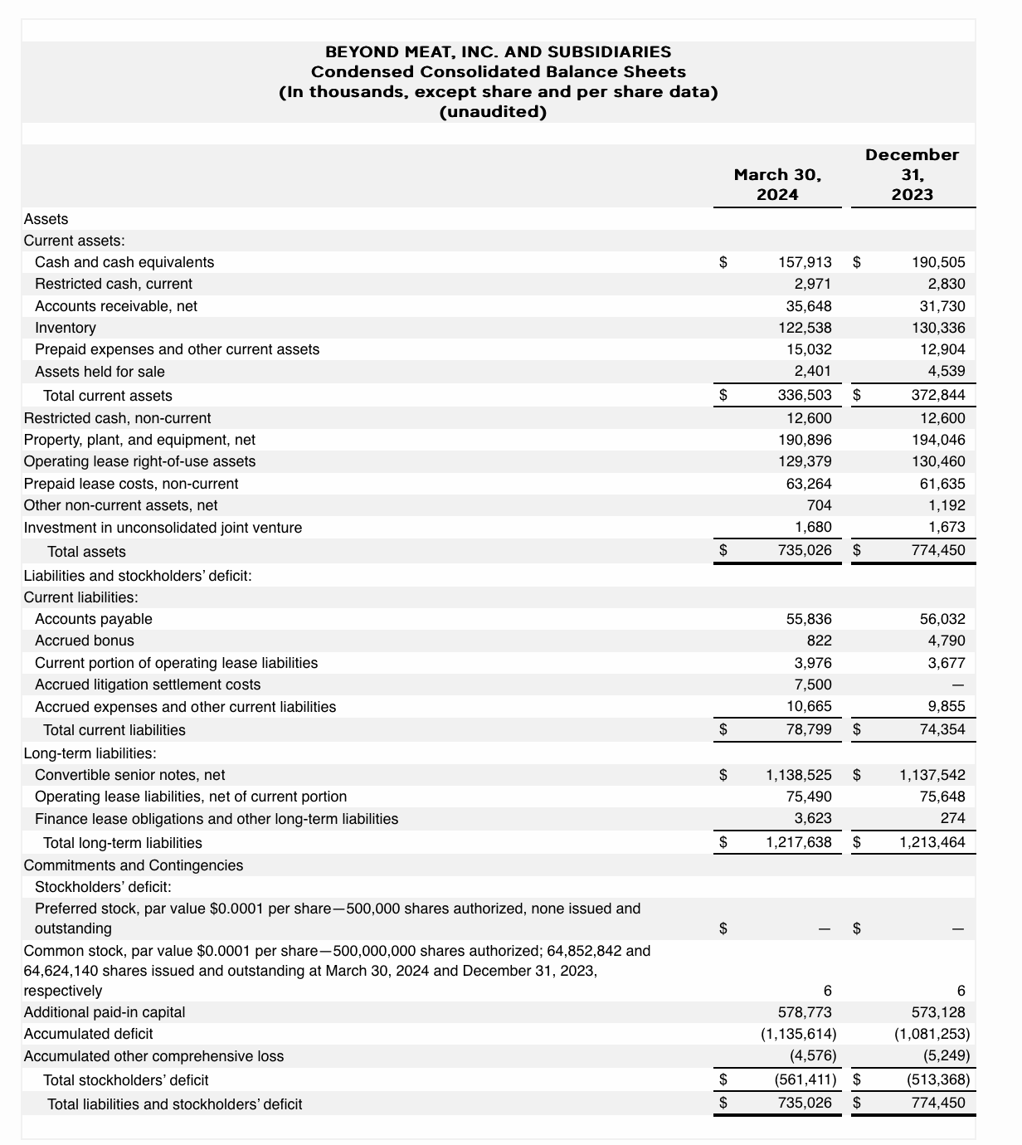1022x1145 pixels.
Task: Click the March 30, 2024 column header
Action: point(777,184)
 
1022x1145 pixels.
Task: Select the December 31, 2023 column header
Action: point(912,174)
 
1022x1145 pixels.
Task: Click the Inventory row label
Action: point(66,328)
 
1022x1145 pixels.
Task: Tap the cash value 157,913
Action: point(805,262)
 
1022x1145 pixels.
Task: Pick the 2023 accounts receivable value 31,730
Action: point(938,306)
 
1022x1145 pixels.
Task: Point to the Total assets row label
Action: point(87,552)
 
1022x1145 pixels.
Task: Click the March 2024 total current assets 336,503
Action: point(805,396)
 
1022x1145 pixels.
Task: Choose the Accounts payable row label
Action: point(94,619)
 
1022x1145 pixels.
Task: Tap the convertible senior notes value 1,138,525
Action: point(798,775)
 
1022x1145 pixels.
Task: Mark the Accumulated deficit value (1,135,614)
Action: point(798,1034)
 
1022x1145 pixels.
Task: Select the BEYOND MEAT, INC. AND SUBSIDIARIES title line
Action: point(498,52)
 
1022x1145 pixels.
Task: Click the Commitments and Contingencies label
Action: point(134,865)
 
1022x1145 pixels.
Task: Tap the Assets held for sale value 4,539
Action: point(947,372)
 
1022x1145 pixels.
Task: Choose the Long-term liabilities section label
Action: point(90,753)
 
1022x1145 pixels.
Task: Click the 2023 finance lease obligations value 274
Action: point(953,819)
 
